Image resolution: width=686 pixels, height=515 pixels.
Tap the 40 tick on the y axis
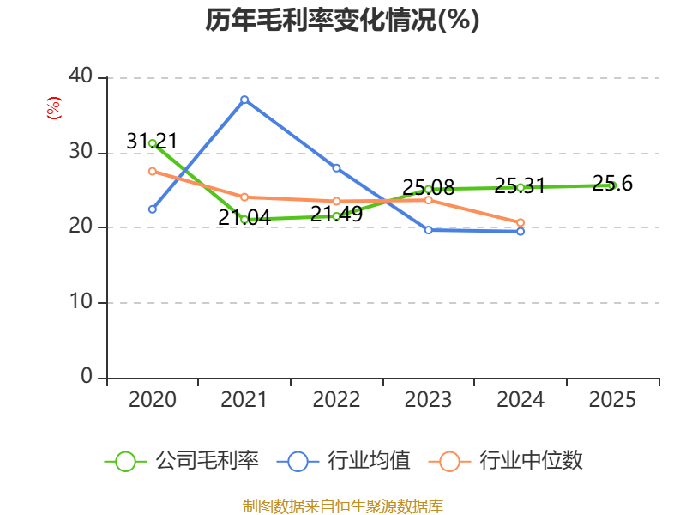coord(81,77)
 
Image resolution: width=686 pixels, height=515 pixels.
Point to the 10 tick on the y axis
coord(81,303)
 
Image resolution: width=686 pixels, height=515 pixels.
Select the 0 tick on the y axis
coord(87,377)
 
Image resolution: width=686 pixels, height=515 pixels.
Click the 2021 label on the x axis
coord(244,400)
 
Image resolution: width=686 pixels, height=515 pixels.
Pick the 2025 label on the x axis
coord(612,400)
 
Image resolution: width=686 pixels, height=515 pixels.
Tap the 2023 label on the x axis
coord(428,400)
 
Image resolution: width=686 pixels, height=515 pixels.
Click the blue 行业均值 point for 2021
coord(244,100)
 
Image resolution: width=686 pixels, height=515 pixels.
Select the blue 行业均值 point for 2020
coord(153,209)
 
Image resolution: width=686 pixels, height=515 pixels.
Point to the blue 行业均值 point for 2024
coord(521,231)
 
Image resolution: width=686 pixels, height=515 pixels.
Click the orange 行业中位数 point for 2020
coord(153,171)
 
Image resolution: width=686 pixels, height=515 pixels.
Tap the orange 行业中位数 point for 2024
coord(521,222)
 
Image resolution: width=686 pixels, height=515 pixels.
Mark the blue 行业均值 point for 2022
coord(336,167)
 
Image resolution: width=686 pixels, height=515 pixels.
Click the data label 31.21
coord(152,141)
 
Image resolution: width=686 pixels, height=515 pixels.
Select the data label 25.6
coord(612,183)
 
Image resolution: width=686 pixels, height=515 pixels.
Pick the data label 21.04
coord(244,218)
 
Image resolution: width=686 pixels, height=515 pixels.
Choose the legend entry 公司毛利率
coord(183,461)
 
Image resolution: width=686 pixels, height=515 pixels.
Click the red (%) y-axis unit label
coord(53,107)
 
